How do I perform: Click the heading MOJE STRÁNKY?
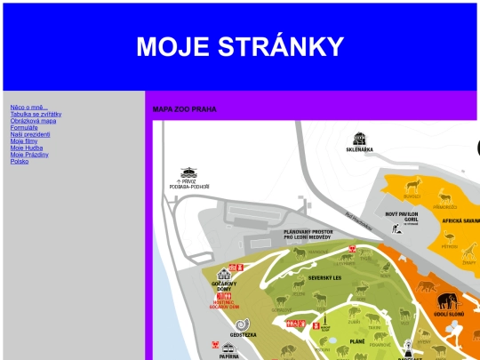[x=239, y=47]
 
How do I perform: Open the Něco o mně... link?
[x=29, y=108]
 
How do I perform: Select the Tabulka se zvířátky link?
[x=36, y=115]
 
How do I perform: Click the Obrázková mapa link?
[x=33, y=121]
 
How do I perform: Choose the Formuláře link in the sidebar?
[x=25, y=128]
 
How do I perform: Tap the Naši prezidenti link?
[x=30, y=134]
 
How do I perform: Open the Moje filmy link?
[x=24, y=141]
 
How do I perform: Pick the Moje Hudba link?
[x=27, y=148]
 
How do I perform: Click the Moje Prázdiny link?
[x=29, y=155]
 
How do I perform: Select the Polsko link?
[x=20, y=162]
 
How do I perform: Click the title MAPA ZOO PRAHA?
[x=184, y=109]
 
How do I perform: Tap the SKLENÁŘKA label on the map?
[x=359, y=149]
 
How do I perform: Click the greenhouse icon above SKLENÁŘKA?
[x=359, y=139]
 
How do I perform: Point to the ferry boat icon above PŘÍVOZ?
[x=188, y=172]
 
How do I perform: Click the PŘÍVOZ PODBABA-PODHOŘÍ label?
[x=188, y=185]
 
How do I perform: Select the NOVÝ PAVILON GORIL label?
[x=404, y=215]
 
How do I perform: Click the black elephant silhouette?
[x=447, y=300]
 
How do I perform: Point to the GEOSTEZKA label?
[x=244, y=335]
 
